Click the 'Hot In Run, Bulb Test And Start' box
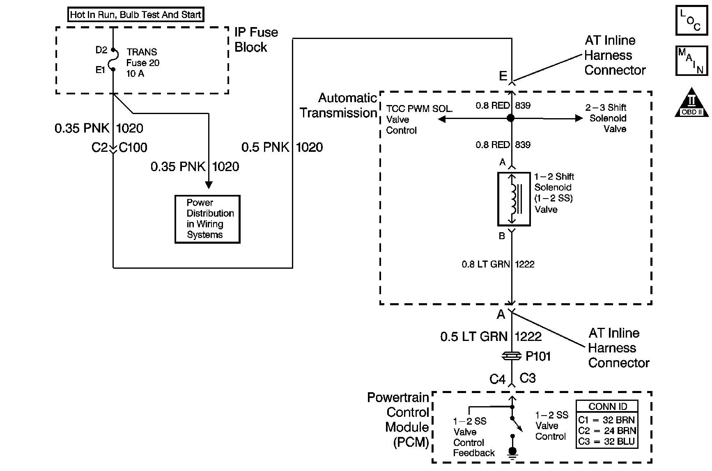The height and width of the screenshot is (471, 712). click(x=136, y=15)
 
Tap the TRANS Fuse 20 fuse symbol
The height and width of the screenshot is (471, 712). click(x=113, y=60)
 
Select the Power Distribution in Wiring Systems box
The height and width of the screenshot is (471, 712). click(x=207, y=219)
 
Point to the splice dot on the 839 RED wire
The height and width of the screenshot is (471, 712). click(x=511, y=118)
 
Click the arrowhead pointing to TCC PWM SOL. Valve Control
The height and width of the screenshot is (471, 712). click(x=442, y=119)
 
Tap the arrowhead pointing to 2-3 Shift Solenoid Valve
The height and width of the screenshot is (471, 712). click(x=579, y=118)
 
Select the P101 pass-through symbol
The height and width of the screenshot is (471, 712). click(x=512, y=356)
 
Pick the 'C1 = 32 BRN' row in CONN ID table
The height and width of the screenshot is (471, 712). click(x=607, y=420)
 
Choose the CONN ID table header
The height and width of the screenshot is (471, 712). click(x=607, y=407)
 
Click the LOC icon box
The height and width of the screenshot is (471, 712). click(x=691, y=20)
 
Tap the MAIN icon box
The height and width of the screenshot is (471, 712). click(x=691, y=61)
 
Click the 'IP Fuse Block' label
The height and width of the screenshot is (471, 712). click(x=256, y=40)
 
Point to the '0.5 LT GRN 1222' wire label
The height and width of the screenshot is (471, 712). click(x=491, y=337)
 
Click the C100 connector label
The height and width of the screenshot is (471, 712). click(x=133, y=148)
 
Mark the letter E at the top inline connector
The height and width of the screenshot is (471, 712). click(x=503, y=76)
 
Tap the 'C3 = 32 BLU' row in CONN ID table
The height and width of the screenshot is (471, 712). click(x=607, y=442)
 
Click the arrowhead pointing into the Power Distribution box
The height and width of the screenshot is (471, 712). click(x=209, y=185)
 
